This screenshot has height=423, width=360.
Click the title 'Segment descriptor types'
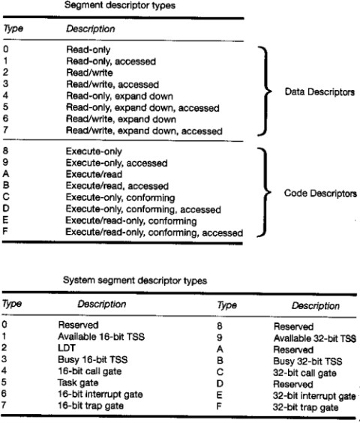pyautogui.click(x=120, y=5)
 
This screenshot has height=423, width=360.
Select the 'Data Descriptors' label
pyautogui.click(x=319, y=92)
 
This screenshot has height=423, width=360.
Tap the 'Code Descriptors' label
pyautogui.click(x=320, y=193)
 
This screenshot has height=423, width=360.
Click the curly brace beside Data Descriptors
pyautogui.click(x=265, y=91)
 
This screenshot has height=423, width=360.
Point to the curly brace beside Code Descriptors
pyautogui.click(x=265, y=192)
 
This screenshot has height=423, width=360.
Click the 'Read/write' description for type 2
pyautogui.click(x=89, y=73)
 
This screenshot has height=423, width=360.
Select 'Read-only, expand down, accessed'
pyautogui.click(x=142, y=108)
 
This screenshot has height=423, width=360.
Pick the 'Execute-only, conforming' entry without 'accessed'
pyautogui.click(x=120, y=198)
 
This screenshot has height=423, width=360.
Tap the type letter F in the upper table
pyautogui.click(x=5, y=231)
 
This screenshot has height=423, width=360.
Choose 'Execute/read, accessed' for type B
pyautogui.click(x=117, y=186)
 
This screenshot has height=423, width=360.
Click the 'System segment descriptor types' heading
pyautogui.click(x=135, y=280)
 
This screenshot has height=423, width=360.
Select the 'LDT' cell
pyautogui.click(x=67, y=348)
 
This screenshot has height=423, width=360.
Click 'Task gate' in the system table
pyautogui.click(x=78, y=382)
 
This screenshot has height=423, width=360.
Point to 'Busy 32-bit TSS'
pyautogui.click(x=307, y=361)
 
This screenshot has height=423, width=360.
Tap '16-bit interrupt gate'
pyautogui.click(x=100, y=394)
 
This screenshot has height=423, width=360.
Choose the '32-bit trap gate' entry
pyautogui.click(x=305, y=407)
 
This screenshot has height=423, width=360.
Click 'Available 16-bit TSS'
pyautogui.click(x=101, y=337)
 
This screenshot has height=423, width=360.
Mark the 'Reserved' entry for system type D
pyautogui.click(x=293, y=384)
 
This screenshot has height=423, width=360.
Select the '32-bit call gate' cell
pyautogui.click(x=304, y=373)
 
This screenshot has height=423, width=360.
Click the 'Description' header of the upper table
pyautogui.click(x=91, y=28)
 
